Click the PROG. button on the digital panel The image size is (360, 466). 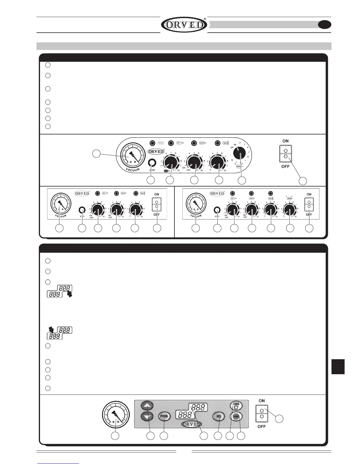click(164, 416)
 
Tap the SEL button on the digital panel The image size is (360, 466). click(219, 416)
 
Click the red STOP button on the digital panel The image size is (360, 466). click(236, 416)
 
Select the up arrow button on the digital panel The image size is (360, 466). click(147, 406)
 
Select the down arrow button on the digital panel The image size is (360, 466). click(147, 416)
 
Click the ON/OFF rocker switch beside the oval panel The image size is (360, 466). click(285, 153)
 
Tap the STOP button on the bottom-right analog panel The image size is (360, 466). click(217, 210)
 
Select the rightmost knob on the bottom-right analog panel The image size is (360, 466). click(289, 210)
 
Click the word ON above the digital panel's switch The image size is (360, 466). click(261, 401)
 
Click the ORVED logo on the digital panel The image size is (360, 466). click(191, 424)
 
